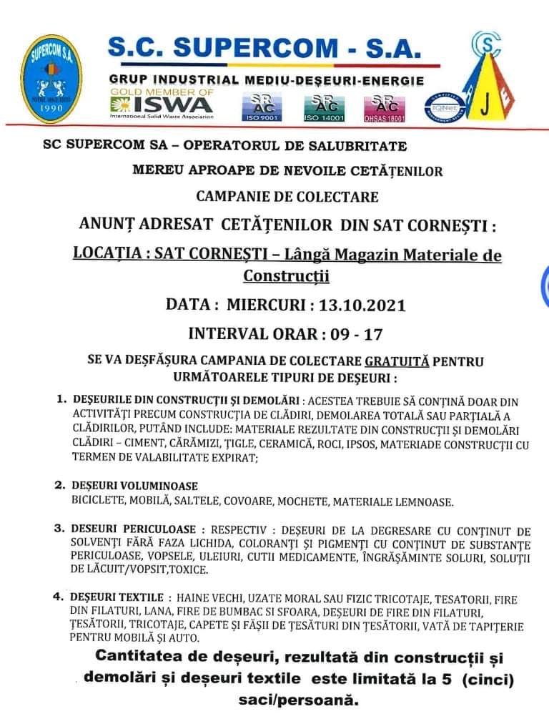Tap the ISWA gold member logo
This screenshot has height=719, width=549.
coord(162,104)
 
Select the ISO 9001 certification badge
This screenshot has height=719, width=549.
coord(262,106)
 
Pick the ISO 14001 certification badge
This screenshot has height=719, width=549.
coord(324,106)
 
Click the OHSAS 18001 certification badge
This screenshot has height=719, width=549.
coord(385,106)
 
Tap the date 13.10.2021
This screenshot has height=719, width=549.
coord(362,305)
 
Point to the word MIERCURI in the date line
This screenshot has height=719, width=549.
coord(267,305)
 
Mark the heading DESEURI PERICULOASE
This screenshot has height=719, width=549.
coord(134,529)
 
